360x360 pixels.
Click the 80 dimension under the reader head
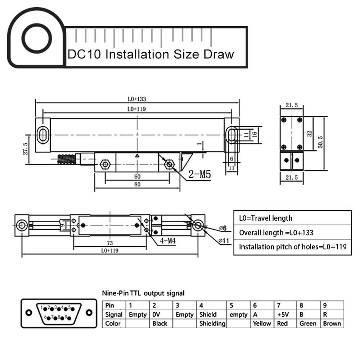(137, 184)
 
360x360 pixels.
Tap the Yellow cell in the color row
(262, 323)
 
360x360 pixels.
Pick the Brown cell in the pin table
(332, 323)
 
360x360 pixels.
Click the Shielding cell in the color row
(212, 323)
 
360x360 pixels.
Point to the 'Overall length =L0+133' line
(276, 233)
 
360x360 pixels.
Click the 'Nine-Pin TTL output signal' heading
(143, 293)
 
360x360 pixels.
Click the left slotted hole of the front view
(43, 135)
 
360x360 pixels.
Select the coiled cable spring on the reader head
(68, 159)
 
